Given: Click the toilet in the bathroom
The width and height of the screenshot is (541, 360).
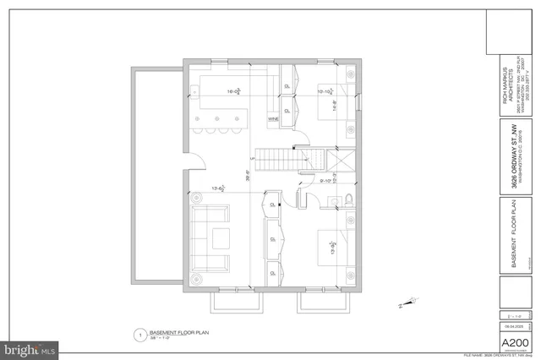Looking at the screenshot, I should click(x=348, y=199).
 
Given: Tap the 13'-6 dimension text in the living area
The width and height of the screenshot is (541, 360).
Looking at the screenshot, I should click(x=218, y=189).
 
